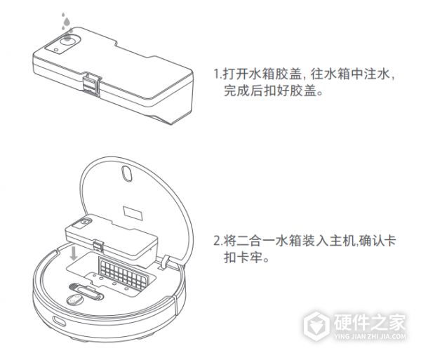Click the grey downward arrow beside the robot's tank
point(75,253)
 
